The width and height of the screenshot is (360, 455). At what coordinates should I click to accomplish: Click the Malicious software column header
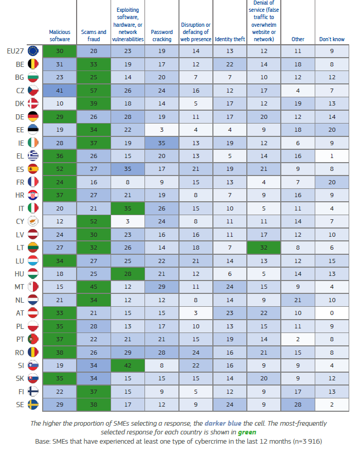point(59,36)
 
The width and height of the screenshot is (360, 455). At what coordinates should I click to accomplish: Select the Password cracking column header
point(161,36)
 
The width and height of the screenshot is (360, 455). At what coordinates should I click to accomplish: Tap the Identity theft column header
point(229,39)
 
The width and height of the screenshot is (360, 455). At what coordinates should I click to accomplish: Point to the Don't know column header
point(332,39)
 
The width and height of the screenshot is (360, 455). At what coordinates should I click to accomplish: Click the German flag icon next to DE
point(33,117)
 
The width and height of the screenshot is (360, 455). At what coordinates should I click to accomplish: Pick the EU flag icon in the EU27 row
point(33,50)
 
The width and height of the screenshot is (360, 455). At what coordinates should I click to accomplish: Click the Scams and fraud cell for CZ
point(93,91)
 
